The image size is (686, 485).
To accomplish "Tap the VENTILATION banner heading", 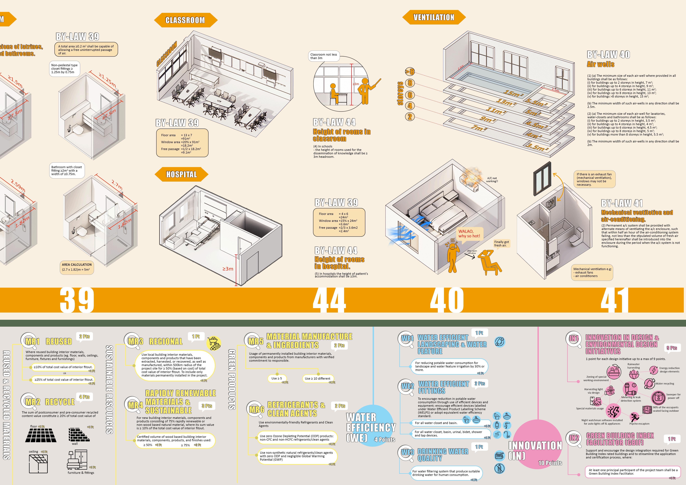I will coord(434,17).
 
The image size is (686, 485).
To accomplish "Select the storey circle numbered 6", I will coord(410,95).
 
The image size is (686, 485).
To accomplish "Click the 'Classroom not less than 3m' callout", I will coord(324,56).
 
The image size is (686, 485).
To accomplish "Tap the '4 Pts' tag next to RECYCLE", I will coord(85,397).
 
